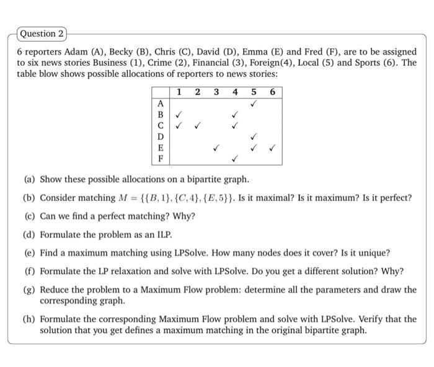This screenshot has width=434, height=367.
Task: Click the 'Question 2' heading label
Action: coord(41,33)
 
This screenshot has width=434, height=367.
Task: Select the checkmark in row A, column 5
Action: coord(253,104)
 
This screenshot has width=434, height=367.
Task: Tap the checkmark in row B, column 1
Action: coord(179,115)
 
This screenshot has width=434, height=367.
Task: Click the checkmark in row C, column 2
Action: coord(197,126)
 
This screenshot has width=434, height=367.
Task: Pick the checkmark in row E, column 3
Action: coord(216,148)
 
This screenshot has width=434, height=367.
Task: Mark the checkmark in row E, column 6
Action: coord(272,148)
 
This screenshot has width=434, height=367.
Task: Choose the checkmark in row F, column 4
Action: coord(234,159)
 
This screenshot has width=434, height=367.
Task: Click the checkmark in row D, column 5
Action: coord(253,137)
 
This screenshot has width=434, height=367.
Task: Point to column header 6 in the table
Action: coord(272,92)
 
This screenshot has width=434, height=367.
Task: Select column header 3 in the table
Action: coord(216,92)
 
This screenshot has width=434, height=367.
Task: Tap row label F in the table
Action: coord(161,159)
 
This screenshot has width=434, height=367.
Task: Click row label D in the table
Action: coord(161,136)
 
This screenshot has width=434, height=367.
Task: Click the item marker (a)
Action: coord(29,179)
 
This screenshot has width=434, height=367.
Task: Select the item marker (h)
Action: coord(29,319)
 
